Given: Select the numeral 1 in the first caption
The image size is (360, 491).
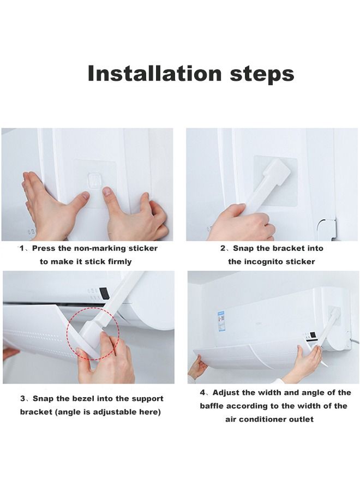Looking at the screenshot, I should click(22, 248).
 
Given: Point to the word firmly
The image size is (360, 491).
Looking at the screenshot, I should click(116, 262).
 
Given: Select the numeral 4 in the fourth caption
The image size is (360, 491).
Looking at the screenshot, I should click(203, 393).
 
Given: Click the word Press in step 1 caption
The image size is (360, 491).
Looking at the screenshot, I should click(44, 248).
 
